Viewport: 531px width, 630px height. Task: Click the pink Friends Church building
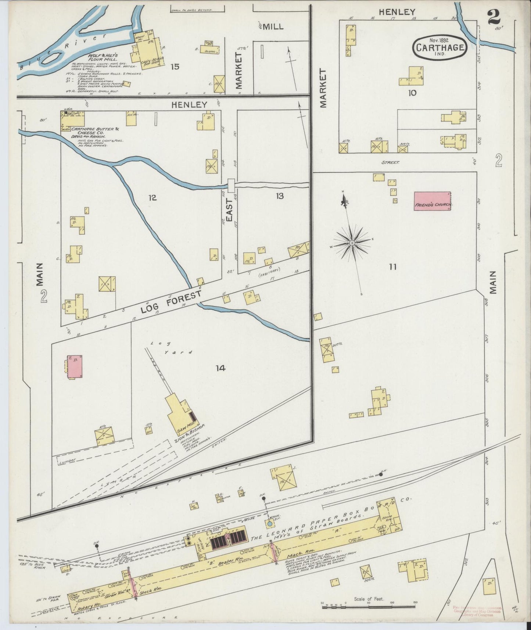coord(433,201)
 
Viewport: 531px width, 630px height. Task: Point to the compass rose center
coord(352,243)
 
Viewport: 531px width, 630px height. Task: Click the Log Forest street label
coord(171,303)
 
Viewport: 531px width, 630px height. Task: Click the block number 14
coord(220,368)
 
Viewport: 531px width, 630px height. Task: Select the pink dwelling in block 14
coord(75,366)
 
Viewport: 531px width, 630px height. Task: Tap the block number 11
coord(392,267)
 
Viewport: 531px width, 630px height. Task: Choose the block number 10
coord(412,93)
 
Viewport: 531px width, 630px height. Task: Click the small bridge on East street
coord(231,185)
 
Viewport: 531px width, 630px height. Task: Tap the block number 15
coord(175,67)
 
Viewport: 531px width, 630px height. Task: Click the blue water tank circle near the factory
coord(270,523)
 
